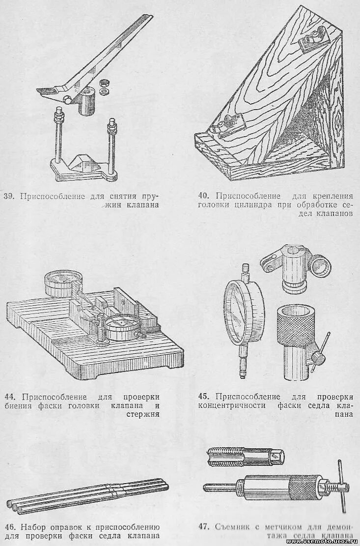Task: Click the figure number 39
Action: [8, 196]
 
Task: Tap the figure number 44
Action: [11, 397]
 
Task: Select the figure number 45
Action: [204, 397]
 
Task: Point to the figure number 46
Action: [10, 527]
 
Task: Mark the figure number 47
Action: [204, 527]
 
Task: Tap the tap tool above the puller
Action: [244, 456]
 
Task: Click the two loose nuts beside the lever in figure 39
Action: [103, 87]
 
